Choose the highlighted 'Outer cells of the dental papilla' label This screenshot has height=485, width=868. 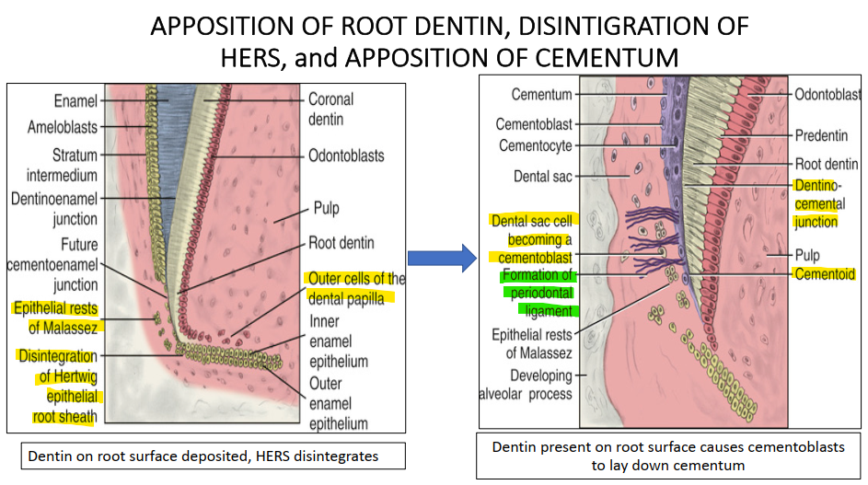pyautogui.click(x=355, y=288)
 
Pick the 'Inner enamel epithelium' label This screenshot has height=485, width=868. pyautogui.click(x=338, y=341)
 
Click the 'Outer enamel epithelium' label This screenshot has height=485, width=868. pyautogui.click(x=338, y=403)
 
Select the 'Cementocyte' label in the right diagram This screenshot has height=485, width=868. pyautogui.click(x=535, y=145)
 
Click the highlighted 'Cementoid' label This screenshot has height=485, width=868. pyautogui.click(x=826, y=274)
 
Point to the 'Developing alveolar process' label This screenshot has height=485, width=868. pyautogui.click(x=540, y=385)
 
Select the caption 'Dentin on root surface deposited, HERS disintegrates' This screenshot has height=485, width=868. pyautogui.click(x=203, y=456)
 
